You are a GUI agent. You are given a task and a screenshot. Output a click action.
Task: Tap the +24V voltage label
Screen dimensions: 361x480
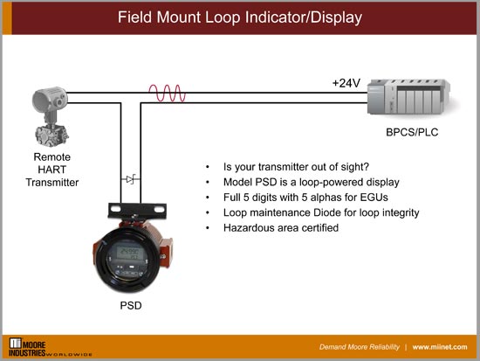346,83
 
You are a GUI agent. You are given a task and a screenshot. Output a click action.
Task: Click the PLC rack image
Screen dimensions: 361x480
404,99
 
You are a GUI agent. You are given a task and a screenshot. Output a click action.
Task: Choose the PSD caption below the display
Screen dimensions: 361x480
130,308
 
